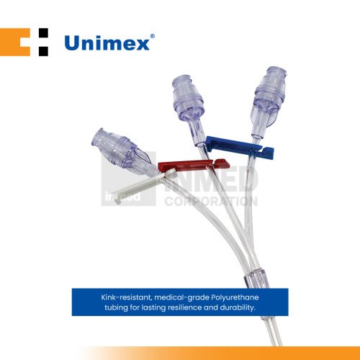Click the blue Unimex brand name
[x=107, y=43]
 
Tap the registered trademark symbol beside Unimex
[x=152, y=37]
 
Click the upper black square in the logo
[x=43, y=33]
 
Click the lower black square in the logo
[x=43, y=51]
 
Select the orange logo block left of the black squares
[x=15, y=42]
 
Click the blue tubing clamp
[x=239, y=148]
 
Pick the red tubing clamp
[x=194, y=165]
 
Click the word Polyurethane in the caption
[x=235, y=297]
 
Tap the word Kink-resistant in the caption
[x=126, y=297]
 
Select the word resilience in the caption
[x=184, y=307]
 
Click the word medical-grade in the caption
[x=181, y=298]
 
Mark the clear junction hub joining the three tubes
[x=255, y=279]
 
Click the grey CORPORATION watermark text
[x=211, y=201]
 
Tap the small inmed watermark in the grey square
[x=122, y=197]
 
